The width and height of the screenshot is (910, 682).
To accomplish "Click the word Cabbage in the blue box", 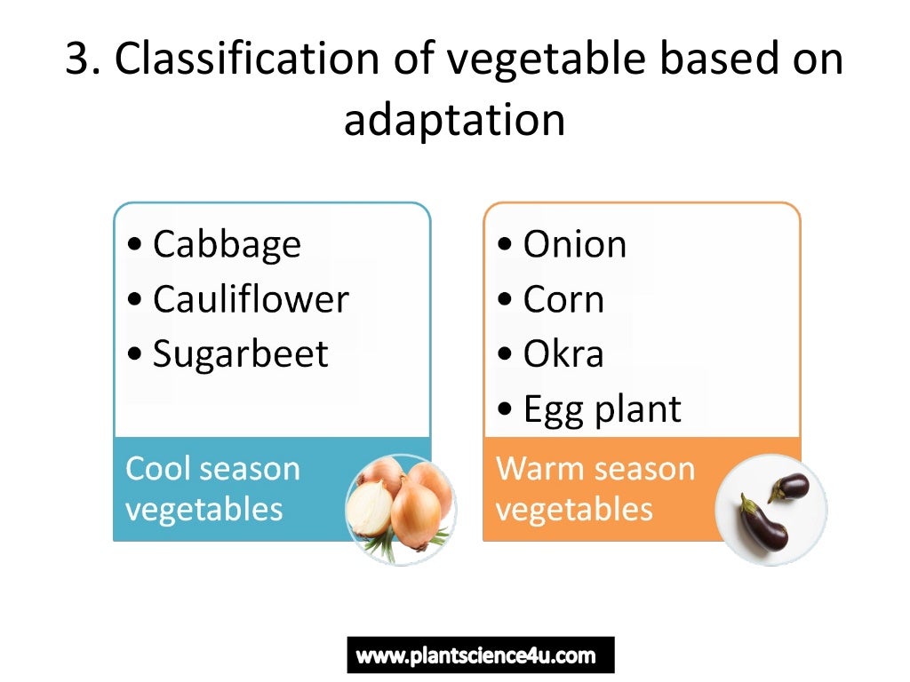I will tap(227, 245).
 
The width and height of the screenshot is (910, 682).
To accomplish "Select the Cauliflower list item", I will tap(251, 299).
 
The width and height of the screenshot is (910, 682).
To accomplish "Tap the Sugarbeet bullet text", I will tap(240, 354).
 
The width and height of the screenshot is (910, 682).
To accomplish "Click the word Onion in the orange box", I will tap(574, 245).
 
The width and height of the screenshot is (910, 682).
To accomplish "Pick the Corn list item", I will tap(563, 299).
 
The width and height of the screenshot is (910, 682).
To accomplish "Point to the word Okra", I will tap(563, 354).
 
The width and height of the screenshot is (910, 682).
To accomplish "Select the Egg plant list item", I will tap(602, 408).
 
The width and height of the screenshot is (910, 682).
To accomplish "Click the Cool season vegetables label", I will tap(213, 488).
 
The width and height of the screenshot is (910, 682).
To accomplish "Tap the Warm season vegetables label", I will tap(595, 488).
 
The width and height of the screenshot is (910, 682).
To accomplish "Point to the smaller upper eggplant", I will tap(790, 487).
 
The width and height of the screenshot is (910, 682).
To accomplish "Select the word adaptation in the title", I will tap(454, 120).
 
